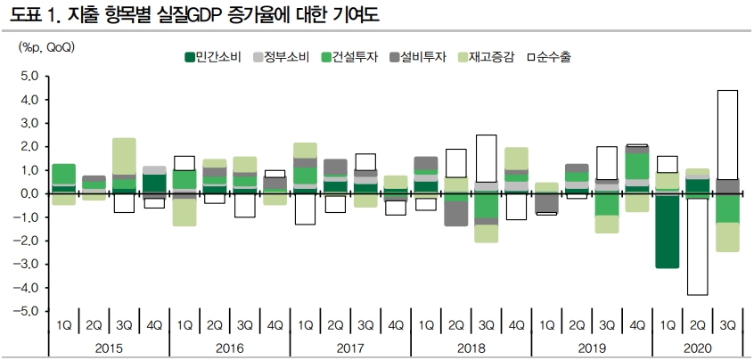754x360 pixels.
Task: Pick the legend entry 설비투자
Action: (422, 57)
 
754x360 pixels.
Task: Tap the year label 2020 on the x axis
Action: (691, 348)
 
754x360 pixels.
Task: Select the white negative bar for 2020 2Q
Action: (698, 246)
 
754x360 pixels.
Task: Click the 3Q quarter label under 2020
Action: (727, 324)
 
